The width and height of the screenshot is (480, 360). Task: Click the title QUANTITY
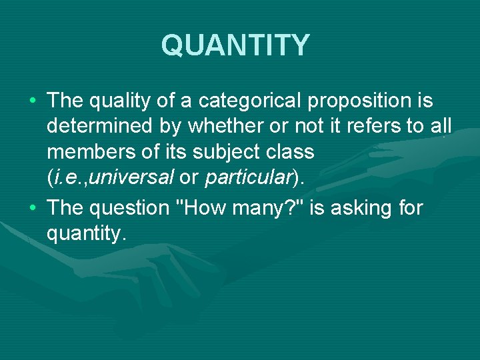[x=235, y=45]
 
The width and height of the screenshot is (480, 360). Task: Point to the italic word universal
[x=141, y=177]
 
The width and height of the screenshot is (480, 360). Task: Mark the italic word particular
[x=248, y=177]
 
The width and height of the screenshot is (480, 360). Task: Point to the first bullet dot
[x=32, y=102]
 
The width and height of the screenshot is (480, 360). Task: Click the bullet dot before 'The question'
[x=32, y=209]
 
